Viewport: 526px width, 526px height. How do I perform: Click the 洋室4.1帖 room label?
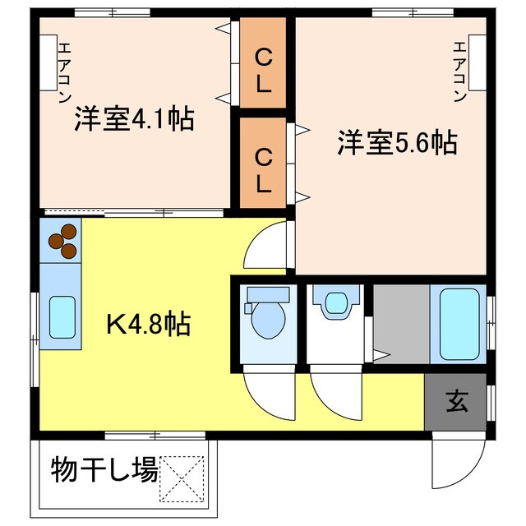[133, 119]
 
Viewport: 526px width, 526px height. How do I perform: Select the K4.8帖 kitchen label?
[149, 323]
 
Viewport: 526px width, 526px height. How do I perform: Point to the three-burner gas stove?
[62, 241]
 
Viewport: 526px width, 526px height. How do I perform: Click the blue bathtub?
[458, 324]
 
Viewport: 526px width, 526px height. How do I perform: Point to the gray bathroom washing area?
[400, 324]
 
